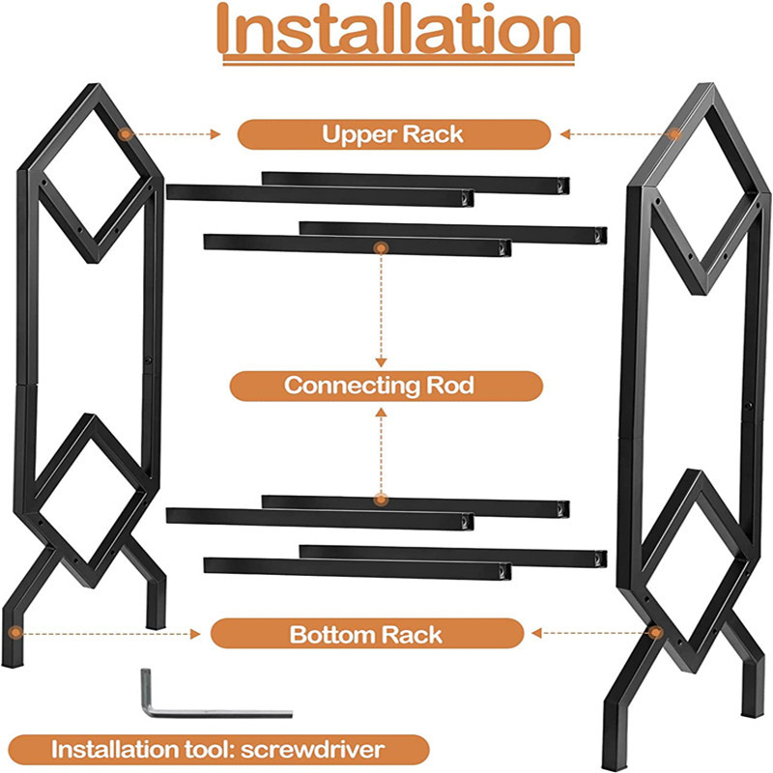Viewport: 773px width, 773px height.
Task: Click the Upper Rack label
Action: tap(393, 133)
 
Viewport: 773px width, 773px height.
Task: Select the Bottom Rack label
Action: tap(366, 635)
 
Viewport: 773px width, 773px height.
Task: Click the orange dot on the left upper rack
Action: tap(124, 133)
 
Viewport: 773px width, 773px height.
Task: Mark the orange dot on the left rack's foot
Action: tap(15, 634)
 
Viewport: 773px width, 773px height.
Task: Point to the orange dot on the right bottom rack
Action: tap(656, 634)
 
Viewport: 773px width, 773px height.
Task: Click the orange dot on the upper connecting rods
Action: tap(381, 248)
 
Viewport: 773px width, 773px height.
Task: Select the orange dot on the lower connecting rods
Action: tap(381, 500)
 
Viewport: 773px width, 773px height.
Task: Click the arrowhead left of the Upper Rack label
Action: tap(218, 134)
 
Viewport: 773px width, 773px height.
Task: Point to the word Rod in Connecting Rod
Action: tap(451, 386)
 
